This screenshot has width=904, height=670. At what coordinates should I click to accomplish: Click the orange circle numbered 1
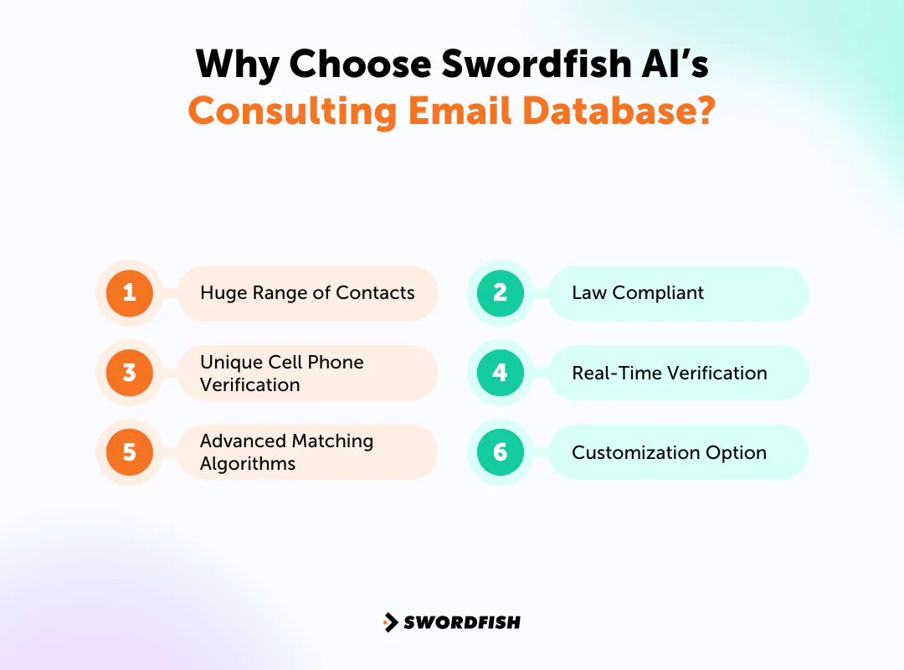click(129, 292)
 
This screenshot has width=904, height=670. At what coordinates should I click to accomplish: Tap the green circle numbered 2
click(500, 292)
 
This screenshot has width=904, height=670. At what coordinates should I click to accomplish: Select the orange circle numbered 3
click(129, 373)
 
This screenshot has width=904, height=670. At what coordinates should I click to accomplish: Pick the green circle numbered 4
click(500, 373)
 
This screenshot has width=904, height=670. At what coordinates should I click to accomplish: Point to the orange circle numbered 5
click(129, 452)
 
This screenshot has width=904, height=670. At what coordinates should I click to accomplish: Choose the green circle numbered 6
click(500, 452)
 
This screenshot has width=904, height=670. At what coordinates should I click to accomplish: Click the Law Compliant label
click(638, 293)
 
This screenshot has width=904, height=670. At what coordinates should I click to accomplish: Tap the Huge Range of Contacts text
click(307, 293)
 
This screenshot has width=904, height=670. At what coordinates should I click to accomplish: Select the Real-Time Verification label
click(669, 373)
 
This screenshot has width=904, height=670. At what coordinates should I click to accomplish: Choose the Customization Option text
click(669, 452)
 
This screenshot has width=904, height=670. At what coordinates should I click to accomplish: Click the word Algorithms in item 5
click(248, 464)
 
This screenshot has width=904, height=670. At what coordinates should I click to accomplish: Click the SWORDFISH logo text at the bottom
click(462, 622)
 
